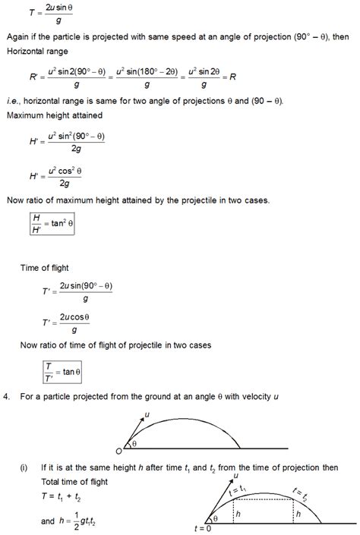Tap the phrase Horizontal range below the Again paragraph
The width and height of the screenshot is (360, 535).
click(37, 52)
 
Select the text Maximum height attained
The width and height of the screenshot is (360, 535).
click(52, 116)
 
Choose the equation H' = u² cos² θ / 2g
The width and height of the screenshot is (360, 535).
click(60, 177)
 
